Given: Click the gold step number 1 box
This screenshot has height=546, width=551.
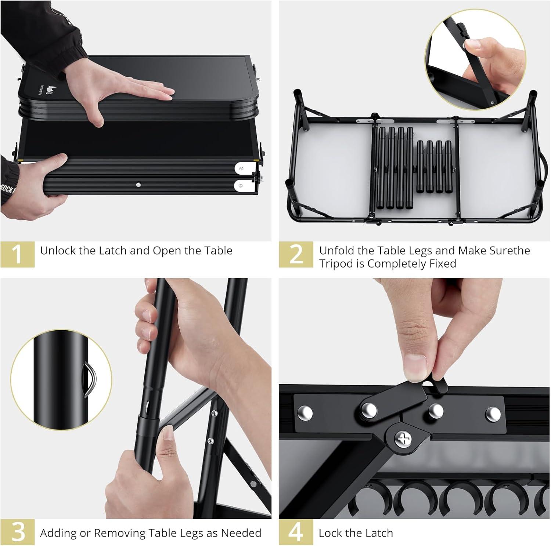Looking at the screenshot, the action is [17, 254].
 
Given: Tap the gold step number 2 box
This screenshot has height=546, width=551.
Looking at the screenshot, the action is [296, 254].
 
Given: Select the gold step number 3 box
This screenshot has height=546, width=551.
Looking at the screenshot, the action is [17, 532].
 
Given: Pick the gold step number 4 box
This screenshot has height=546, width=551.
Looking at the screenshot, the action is [296, 532].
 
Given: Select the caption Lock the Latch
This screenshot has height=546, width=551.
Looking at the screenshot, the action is [356, 533].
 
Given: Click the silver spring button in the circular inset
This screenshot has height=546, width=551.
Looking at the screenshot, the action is [89, 379].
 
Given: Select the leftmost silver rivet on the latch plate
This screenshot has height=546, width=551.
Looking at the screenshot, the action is [306, 413].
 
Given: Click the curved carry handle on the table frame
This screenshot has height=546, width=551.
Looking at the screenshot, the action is [544, 169].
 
